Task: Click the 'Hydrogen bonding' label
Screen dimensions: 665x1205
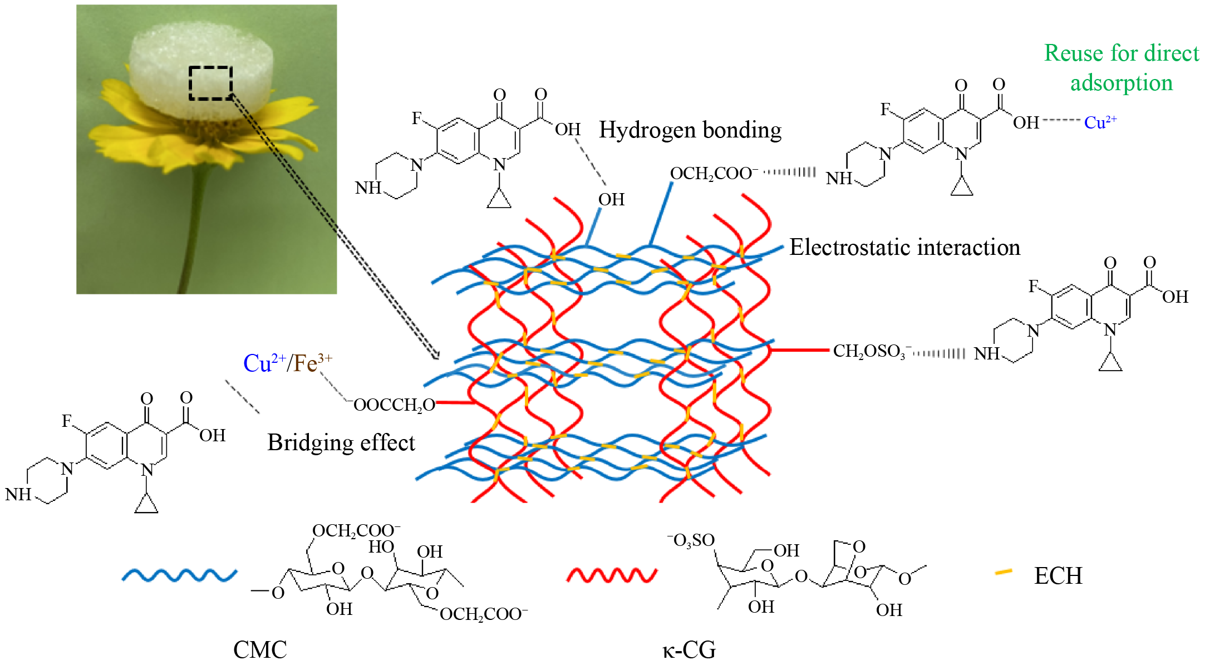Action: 690,130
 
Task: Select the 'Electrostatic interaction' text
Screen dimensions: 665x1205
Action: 904,248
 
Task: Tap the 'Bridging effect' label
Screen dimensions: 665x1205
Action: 341,443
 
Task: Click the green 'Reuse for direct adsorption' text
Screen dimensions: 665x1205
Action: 1121,68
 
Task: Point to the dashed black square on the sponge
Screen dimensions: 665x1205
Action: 210,83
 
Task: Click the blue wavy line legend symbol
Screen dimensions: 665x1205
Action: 179,575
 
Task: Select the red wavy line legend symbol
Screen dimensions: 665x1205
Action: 612,575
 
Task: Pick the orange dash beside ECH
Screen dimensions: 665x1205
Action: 1003,572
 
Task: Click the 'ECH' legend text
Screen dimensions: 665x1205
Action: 1058,576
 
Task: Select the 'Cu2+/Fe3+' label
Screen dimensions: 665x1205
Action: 287,363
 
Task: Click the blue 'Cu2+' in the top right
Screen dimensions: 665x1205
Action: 1100,122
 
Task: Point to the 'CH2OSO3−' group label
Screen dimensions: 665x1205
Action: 871,351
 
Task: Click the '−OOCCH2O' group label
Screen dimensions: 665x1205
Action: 392,405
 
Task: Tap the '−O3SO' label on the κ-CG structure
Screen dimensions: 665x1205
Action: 691,540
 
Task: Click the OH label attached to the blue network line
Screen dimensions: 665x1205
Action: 611,199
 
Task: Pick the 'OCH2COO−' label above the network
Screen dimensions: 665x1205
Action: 714,174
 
